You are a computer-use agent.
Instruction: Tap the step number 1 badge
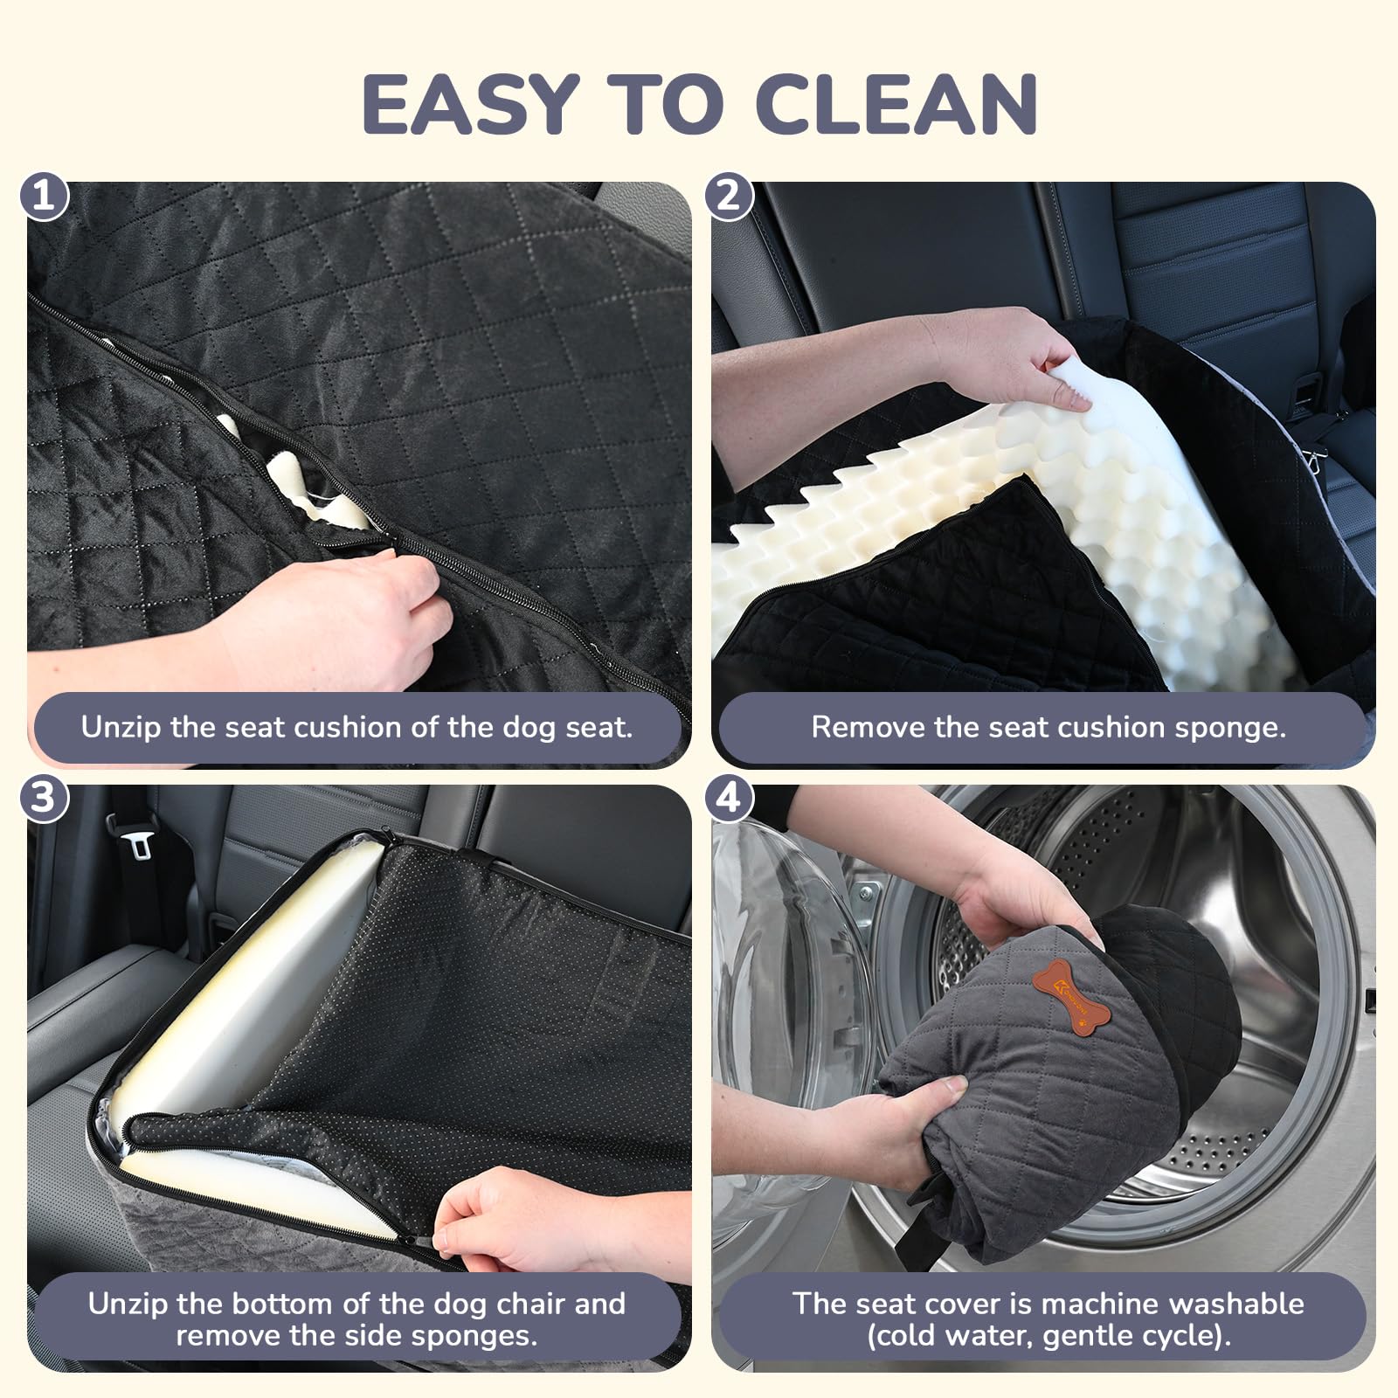click(x=45, y=196)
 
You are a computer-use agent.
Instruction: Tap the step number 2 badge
click(x=729, y=196)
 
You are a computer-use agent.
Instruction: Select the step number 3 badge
click(x=45, y=798)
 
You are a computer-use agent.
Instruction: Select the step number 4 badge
click(x=729, y=798)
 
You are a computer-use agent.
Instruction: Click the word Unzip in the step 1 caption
click(x=121, y=727)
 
